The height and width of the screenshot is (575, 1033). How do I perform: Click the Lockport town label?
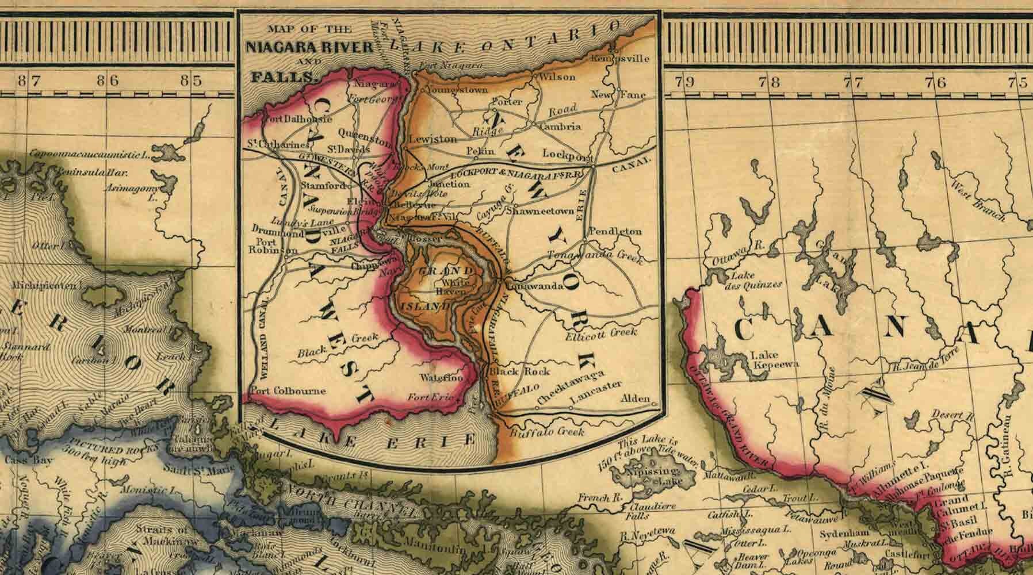click(567, 155)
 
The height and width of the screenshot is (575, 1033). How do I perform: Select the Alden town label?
click(636, 398)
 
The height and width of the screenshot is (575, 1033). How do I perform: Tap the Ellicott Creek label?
click(601, 333)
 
